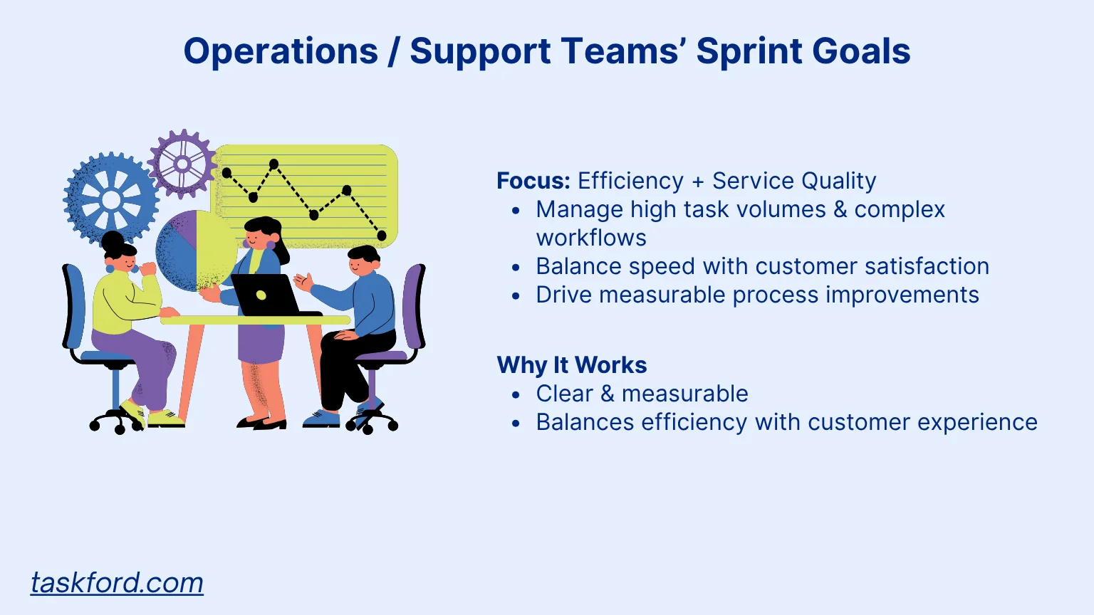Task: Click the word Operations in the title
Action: point(281,52)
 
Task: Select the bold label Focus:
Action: point(533,181)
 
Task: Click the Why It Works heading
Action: point(571,365)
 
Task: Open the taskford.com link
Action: point(117,583)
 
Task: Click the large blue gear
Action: point(111,199)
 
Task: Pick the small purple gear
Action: point(182,164)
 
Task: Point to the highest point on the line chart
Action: point(274,164)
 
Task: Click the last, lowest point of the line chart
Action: point(382,236)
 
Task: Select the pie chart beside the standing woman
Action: point(195,251)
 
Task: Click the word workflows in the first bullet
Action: point(591,238)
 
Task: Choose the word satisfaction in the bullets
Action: point(927,266)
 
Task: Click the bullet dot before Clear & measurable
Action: point(516,394)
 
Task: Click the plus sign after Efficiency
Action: point(698,182)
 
